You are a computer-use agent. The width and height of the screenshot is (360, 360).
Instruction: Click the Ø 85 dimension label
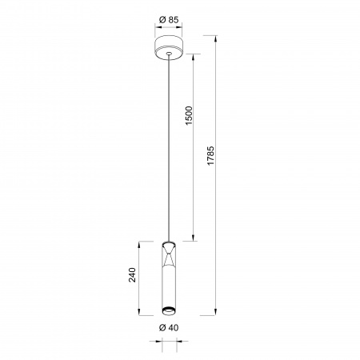pos(169,19)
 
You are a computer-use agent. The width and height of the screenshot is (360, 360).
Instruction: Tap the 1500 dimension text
pos(189,116)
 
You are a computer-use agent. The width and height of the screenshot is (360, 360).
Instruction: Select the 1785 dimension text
pos(210,156)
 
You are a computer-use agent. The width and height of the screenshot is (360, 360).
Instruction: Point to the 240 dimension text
pos(132,275)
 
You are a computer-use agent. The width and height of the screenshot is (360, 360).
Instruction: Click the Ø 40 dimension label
pos(169,327)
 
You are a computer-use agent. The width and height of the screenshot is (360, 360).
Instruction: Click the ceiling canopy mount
pos(169,47)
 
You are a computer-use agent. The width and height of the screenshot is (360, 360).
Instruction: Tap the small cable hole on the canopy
pos(169,54)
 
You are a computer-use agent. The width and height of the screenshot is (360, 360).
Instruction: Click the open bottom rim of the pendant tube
pos(169,310)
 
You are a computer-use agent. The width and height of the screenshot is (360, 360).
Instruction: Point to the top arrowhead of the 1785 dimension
pos(215,38)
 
